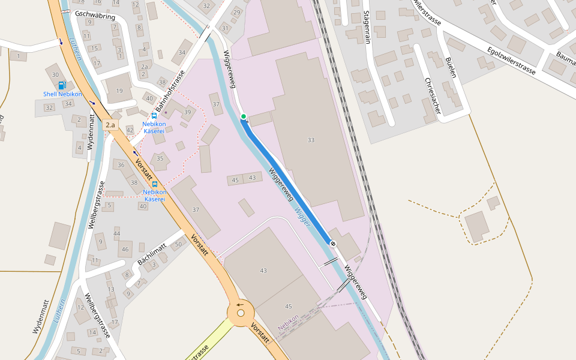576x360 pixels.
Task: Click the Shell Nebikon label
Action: point(62,95)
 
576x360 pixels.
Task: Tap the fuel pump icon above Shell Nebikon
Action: point(62,85)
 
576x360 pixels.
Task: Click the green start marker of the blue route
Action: point(244,116)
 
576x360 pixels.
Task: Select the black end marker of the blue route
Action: point(332,243)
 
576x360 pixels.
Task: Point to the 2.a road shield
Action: point(110,125)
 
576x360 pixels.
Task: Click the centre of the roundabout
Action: point(241,312)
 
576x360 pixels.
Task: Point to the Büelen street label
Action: point(451,68)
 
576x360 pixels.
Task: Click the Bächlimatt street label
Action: point(152,255)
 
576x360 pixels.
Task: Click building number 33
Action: point(311,140)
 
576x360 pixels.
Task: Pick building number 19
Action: point(119,91)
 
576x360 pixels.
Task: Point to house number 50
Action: point(178,244)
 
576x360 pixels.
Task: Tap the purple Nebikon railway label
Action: point(288,323)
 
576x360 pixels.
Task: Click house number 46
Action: point(125,249)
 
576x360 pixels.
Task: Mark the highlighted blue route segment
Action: point(288,180)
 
